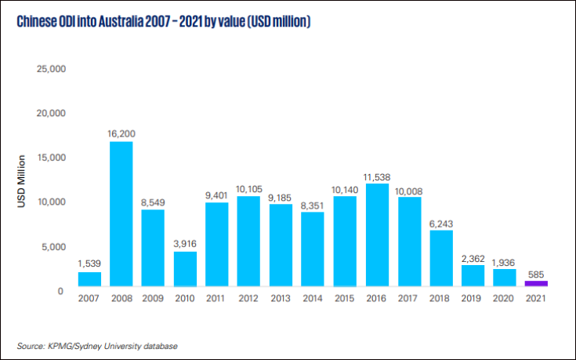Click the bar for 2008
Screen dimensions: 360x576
(121, 213)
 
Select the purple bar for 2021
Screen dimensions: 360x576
(536, 283)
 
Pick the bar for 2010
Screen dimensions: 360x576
(185, 268)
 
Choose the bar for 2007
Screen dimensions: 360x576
(89, 278)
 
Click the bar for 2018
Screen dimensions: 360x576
(440, 258)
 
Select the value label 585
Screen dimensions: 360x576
(536, 273)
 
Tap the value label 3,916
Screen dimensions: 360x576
(185, 244)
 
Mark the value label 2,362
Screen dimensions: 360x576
(473, 258)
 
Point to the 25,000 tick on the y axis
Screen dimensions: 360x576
(52, 69)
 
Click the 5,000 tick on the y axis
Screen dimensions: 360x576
(55, 247)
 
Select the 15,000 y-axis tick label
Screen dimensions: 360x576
(52, 158)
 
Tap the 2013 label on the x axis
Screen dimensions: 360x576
(281, 298)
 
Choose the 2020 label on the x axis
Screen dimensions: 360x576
(504, 298)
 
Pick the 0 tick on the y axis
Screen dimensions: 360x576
(60, 291)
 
